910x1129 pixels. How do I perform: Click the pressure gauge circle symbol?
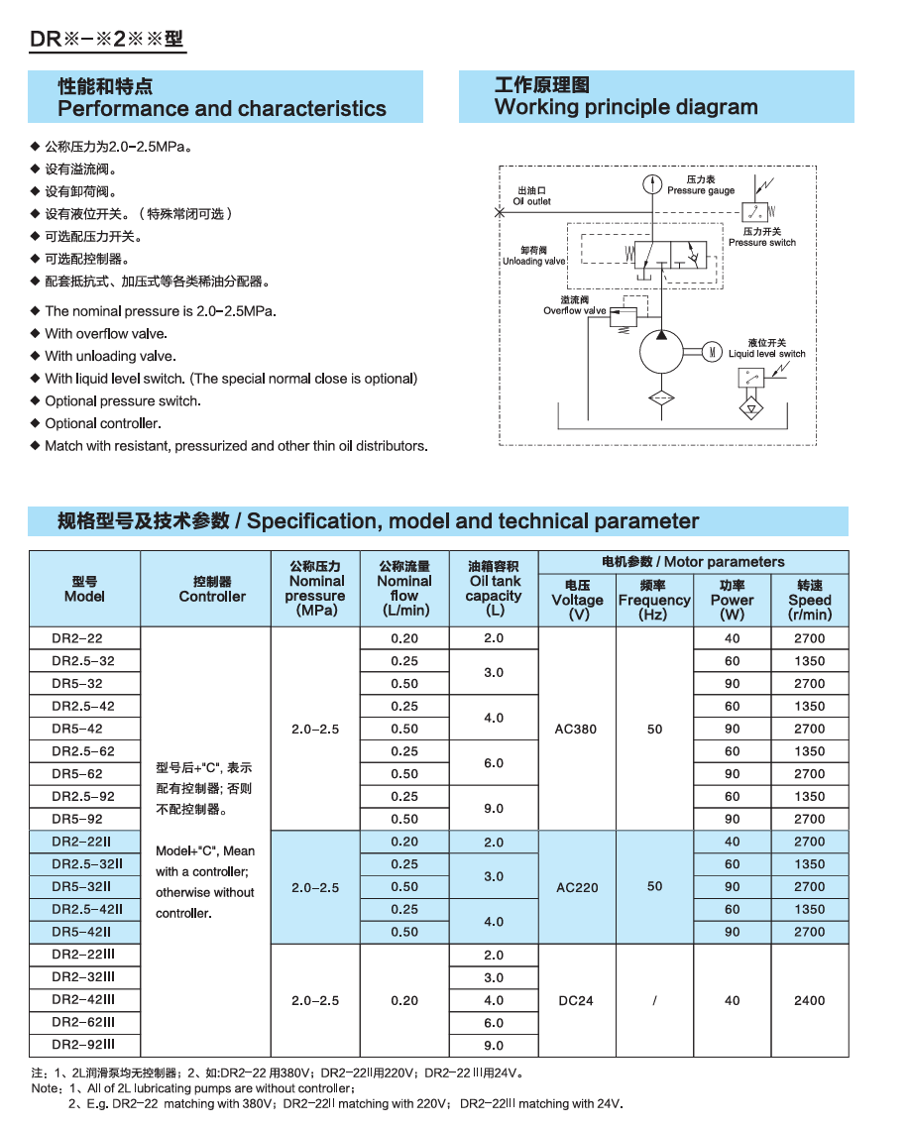click(x=651, y=183)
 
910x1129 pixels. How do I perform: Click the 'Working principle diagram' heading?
click(x=626, y=107)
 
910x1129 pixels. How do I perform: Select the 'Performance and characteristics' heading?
click(x=222, y=108)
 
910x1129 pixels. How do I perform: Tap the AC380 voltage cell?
click(x=577, y=729)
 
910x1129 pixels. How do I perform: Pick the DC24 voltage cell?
click(x=576, y=1000)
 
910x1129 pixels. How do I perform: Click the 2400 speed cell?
click(x=809, y=1000)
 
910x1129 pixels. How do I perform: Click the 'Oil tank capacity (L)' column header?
click(x=494, y=589)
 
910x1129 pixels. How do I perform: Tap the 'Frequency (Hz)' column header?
click(x=654, y=600)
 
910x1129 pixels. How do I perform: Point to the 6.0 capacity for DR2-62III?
click(x=494, y=1023)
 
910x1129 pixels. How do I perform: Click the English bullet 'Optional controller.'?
click(x=103, y=423)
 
